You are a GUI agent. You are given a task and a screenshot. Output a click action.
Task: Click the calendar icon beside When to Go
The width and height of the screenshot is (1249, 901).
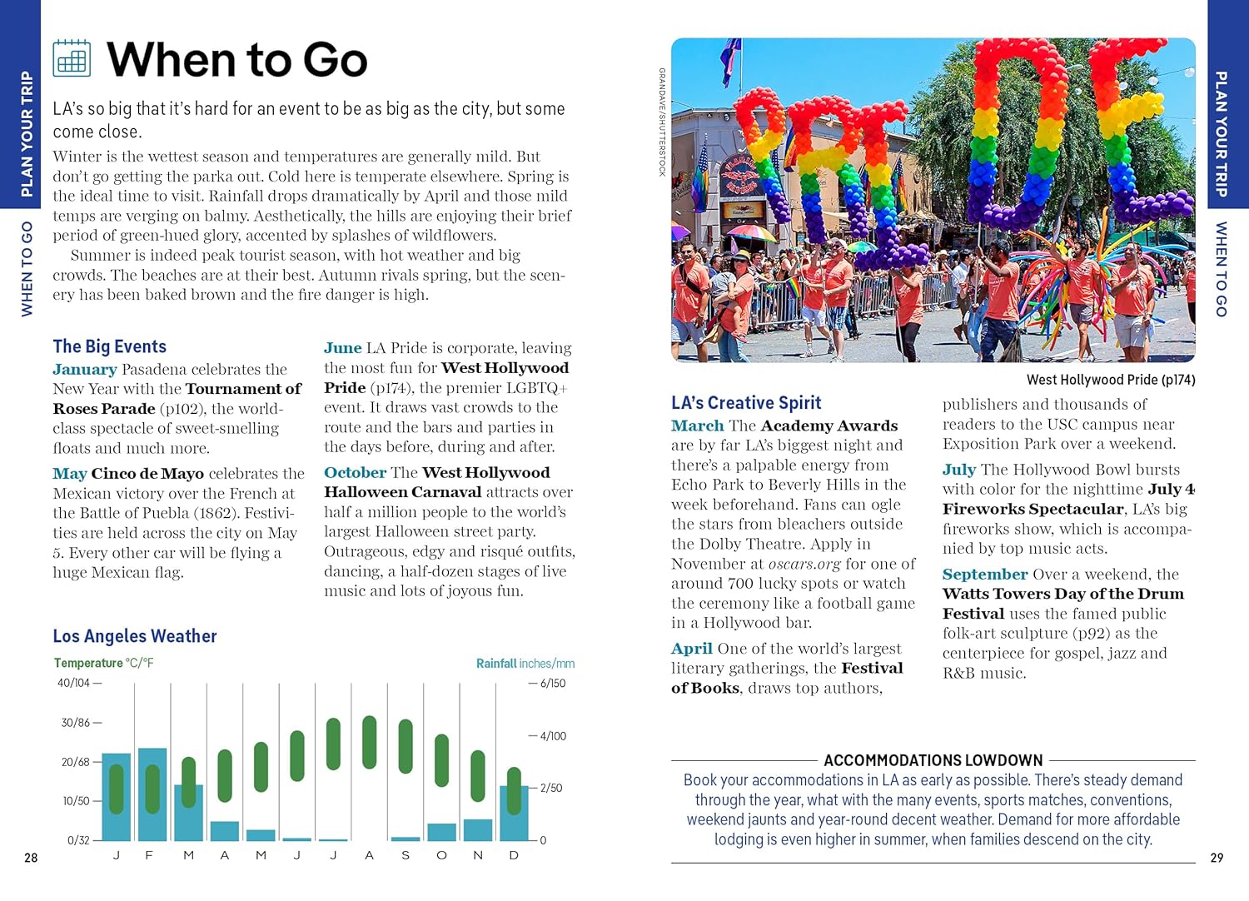[72, 58]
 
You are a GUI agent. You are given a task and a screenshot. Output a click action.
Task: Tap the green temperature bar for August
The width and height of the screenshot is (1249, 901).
[370, 742]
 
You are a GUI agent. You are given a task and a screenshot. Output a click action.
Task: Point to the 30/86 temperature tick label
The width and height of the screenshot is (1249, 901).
[76, 723]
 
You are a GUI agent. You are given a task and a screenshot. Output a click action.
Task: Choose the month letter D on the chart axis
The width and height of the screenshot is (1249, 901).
[514, 855]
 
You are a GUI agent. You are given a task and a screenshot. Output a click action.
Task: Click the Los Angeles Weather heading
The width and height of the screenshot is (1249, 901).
[135, 636]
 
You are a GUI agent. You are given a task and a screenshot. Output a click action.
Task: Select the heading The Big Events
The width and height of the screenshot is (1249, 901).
[109, 346]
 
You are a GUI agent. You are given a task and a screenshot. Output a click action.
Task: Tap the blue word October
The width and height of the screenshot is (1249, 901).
[355, 472]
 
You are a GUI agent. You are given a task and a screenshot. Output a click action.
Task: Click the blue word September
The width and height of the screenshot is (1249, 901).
[985, 574]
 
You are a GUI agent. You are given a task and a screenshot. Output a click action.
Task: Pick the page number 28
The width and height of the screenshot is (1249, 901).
[31, 858]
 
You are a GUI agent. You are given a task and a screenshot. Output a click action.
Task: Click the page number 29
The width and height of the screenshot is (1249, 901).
[1217, 858]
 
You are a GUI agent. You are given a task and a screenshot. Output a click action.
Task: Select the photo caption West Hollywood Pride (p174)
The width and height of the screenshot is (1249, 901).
[1111, 380]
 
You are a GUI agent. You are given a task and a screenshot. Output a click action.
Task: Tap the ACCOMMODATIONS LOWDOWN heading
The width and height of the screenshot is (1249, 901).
[933, 760]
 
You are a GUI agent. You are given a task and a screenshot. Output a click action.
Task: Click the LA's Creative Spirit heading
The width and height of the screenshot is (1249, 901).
[746, 403]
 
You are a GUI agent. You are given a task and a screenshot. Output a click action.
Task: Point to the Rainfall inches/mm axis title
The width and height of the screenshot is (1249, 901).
[525, 664]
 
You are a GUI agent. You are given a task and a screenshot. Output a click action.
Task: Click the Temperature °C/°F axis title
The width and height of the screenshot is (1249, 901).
[104, 663]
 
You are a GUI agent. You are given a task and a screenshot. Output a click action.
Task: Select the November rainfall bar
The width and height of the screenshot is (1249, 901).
[478, 830]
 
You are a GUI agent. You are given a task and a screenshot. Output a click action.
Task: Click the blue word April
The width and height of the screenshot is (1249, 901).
[692, 648]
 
